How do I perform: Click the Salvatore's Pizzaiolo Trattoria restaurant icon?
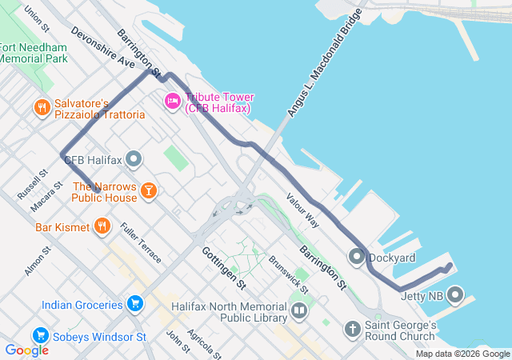click(x=42, y=106)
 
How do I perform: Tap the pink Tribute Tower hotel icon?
click(x=172, y=101)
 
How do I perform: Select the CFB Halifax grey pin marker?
click(x=134, y=160)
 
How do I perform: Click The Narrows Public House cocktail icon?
click(x=148, y=190)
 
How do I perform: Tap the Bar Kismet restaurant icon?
click(x=102, y=226)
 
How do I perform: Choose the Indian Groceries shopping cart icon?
click(x=134, y=303)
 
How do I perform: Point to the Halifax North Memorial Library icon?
click(x=298, y=310)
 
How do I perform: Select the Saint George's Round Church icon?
click(x=353, y=329)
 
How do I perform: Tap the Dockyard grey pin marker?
click(x=356, y=257)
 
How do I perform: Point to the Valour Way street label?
click(x=302, y=211)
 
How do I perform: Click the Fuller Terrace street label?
click(x=140, y=243)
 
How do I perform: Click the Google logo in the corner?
click(x=26, y=350)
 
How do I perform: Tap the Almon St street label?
click(x=38, y=262)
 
